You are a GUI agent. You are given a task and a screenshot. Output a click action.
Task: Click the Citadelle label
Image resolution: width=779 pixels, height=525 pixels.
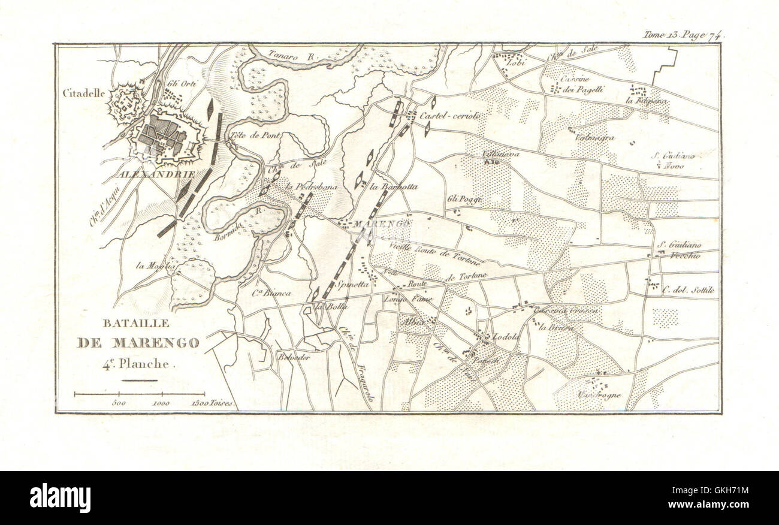[84, 93]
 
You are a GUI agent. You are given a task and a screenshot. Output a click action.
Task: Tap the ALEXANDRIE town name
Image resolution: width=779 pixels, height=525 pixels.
[157, 174]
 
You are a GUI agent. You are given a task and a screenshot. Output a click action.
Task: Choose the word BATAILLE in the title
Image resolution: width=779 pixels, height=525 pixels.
[128, 323]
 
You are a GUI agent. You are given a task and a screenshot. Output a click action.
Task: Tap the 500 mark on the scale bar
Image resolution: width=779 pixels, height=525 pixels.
[119, 403]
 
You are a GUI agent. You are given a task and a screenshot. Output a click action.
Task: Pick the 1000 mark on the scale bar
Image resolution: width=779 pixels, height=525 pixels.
[161, 403]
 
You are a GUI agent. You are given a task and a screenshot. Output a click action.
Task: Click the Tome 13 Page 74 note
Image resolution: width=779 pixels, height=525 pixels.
[683, 35]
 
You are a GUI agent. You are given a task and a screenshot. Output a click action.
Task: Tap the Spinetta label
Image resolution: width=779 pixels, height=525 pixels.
[352, 286]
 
